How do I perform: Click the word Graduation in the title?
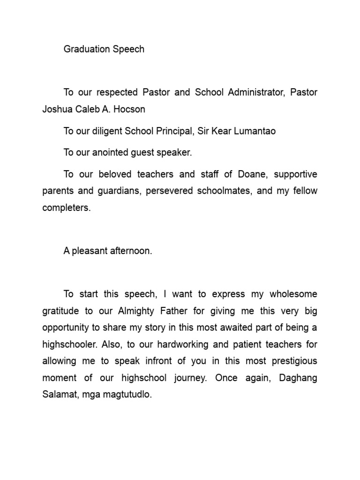click(x=84, y=49)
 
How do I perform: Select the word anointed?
click(x=112, y=153)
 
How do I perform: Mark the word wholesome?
click(x=292, y=294)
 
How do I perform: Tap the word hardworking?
click(x=199, y=345)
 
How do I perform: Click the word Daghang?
click(x=298, y=378)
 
